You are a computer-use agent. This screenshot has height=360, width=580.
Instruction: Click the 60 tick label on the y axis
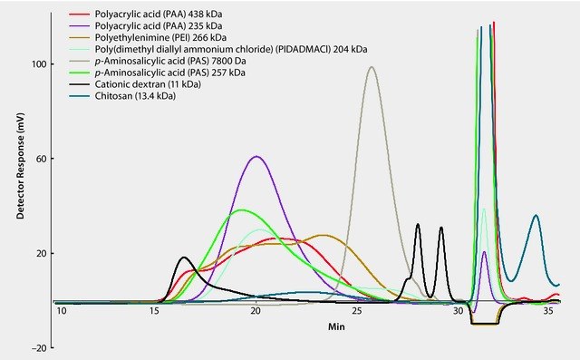pos(39,159)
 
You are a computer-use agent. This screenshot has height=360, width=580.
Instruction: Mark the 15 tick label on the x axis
pos(155,312)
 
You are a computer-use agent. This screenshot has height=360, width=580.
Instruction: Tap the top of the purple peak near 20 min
pos(257,157)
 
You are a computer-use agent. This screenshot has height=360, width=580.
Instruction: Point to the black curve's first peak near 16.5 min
pos(184,258)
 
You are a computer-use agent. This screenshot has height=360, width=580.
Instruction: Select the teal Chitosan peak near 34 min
pos(536,216)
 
